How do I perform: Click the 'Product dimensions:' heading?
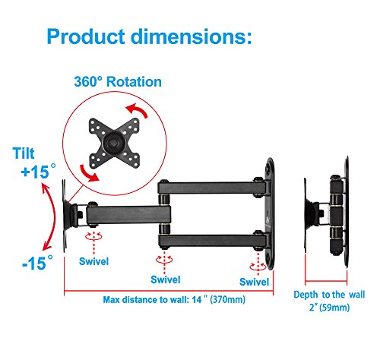point(149,36)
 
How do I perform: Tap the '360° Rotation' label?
point(118,82)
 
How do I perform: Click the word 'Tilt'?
point(24,153)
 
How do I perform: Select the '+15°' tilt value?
point(39,171)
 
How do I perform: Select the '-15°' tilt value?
point(38,262)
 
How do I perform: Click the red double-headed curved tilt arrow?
point(53,217)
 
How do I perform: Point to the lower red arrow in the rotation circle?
point(89,174)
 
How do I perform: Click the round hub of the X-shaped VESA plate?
point(113,143)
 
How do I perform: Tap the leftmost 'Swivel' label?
point(93,261)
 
